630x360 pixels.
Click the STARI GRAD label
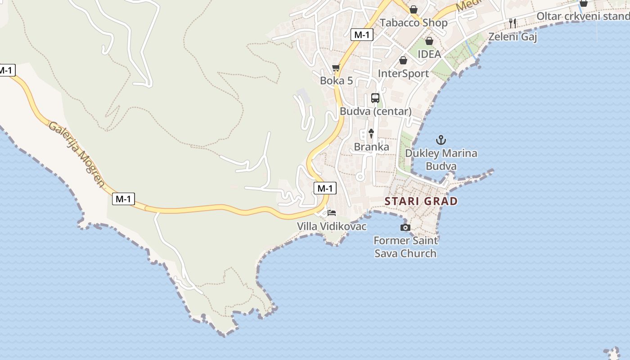click(x=421, y=201)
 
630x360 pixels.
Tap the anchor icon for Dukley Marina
click(x=441, y=140)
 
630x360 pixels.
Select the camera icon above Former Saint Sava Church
click(x=405, y=228)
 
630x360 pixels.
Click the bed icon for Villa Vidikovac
click(x=332, y=212)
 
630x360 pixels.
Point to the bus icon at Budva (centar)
click(x=375, y=98)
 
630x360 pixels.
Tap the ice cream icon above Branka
click(x=371, y=133)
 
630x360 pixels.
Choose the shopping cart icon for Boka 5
click(x=336, y=68)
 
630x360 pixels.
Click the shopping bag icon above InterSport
click(x=403, y=60)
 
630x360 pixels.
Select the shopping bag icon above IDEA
click(x=429, y=41)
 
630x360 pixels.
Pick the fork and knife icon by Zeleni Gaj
click(x=512, y=23)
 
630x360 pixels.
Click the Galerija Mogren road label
click(x=77, y=154)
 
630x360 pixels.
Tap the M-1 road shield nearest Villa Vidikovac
click(x=325, y=188)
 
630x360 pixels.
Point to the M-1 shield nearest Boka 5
click(x=362, y=34)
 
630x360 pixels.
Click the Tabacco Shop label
click(x=414, y=23)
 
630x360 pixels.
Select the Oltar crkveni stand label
click(x=583, y=17)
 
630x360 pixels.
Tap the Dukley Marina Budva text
click(x=441, y=160)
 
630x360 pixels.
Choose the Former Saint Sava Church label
click(x=405, y=247)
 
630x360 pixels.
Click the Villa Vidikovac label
click(x=332, y=226)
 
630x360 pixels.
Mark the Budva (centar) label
click(x=376, y=111)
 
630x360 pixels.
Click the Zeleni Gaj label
click(x=513, y=37)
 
